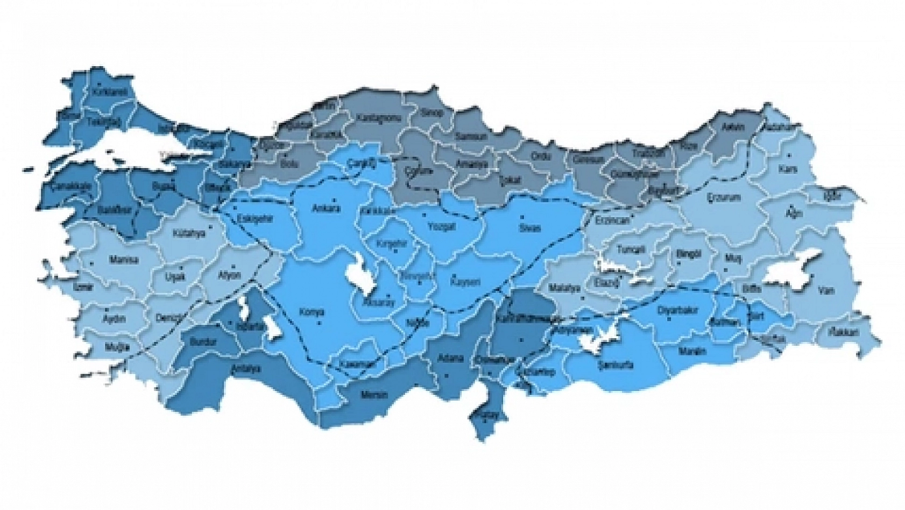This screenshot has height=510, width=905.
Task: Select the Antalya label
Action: click(245, 369)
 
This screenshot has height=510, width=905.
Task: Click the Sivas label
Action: click(526, 228)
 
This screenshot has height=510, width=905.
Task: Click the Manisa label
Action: click(124, 260)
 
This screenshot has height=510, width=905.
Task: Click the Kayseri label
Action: click(464, 282)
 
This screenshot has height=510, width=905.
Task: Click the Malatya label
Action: click(564, 288)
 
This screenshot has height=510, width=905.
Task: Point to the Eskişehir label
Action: click(256, 218)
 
